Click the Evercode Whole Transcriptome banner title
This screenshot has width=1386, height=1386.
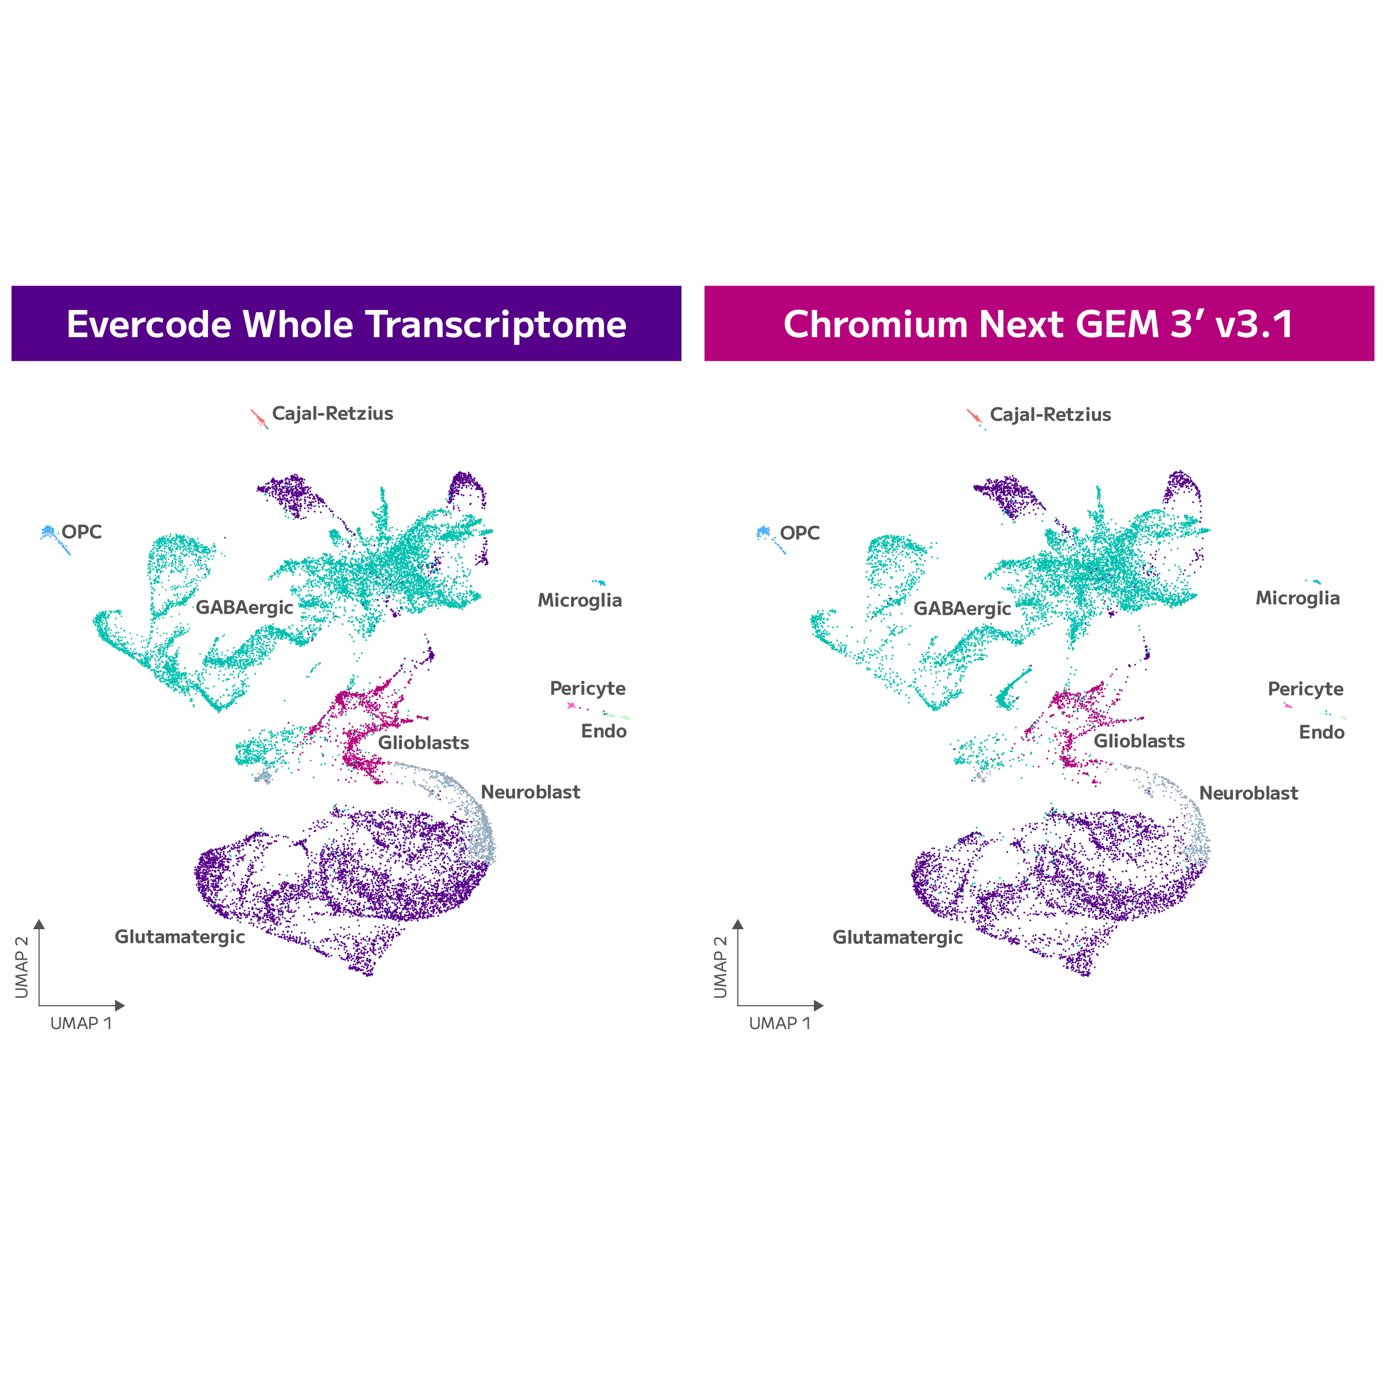pos(346,324)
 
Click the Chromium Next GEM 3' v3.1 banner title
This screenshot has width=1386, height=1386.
pos(1039,324)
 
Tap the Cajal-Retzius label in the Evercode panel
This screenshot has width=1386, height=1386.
pos(332,414)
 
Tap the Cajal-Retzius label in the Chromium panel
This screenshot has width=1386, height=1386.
pos(1050,415)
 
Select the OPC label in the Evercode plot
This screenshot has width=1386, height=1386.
pos(82,532)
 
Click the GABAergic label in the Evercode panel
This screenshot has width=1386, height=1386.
pos(244,608)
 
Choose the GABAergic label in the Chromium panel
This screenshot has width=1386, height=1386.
pos(962,609)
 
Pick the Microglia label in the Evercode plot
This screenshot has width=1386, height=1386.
pos(580,601)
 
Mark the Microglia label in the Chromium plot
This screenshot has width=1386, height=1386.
pos(1298,599)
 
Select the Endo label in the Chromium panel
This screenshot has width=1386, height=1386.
pos(1322,732)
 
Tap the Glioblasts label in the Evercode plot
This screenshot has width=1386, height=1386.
pos(423,743)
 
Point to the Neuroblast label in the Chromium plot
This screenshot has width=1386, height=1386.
pos(1249,793)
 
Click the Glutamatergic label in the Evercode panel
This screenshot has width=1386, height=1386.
pos(180,937)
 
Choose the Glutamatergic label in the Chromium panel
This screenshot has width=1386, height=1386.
pos(898,937)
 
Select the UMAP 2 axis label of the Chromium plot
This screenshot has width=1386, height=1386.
pos(720,966)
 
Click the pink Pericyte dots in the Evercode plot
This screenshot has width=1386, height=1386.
pos(571,706)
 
